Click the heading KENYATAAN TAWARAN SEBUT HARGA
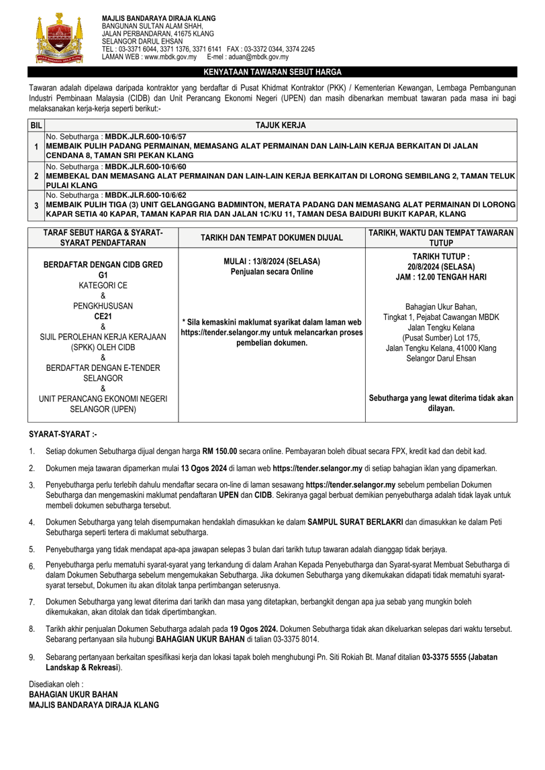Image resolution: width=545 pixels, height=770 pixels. [272, 72]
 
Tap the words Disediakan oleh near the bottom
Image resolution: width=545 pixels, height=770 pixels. [56, 685]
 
